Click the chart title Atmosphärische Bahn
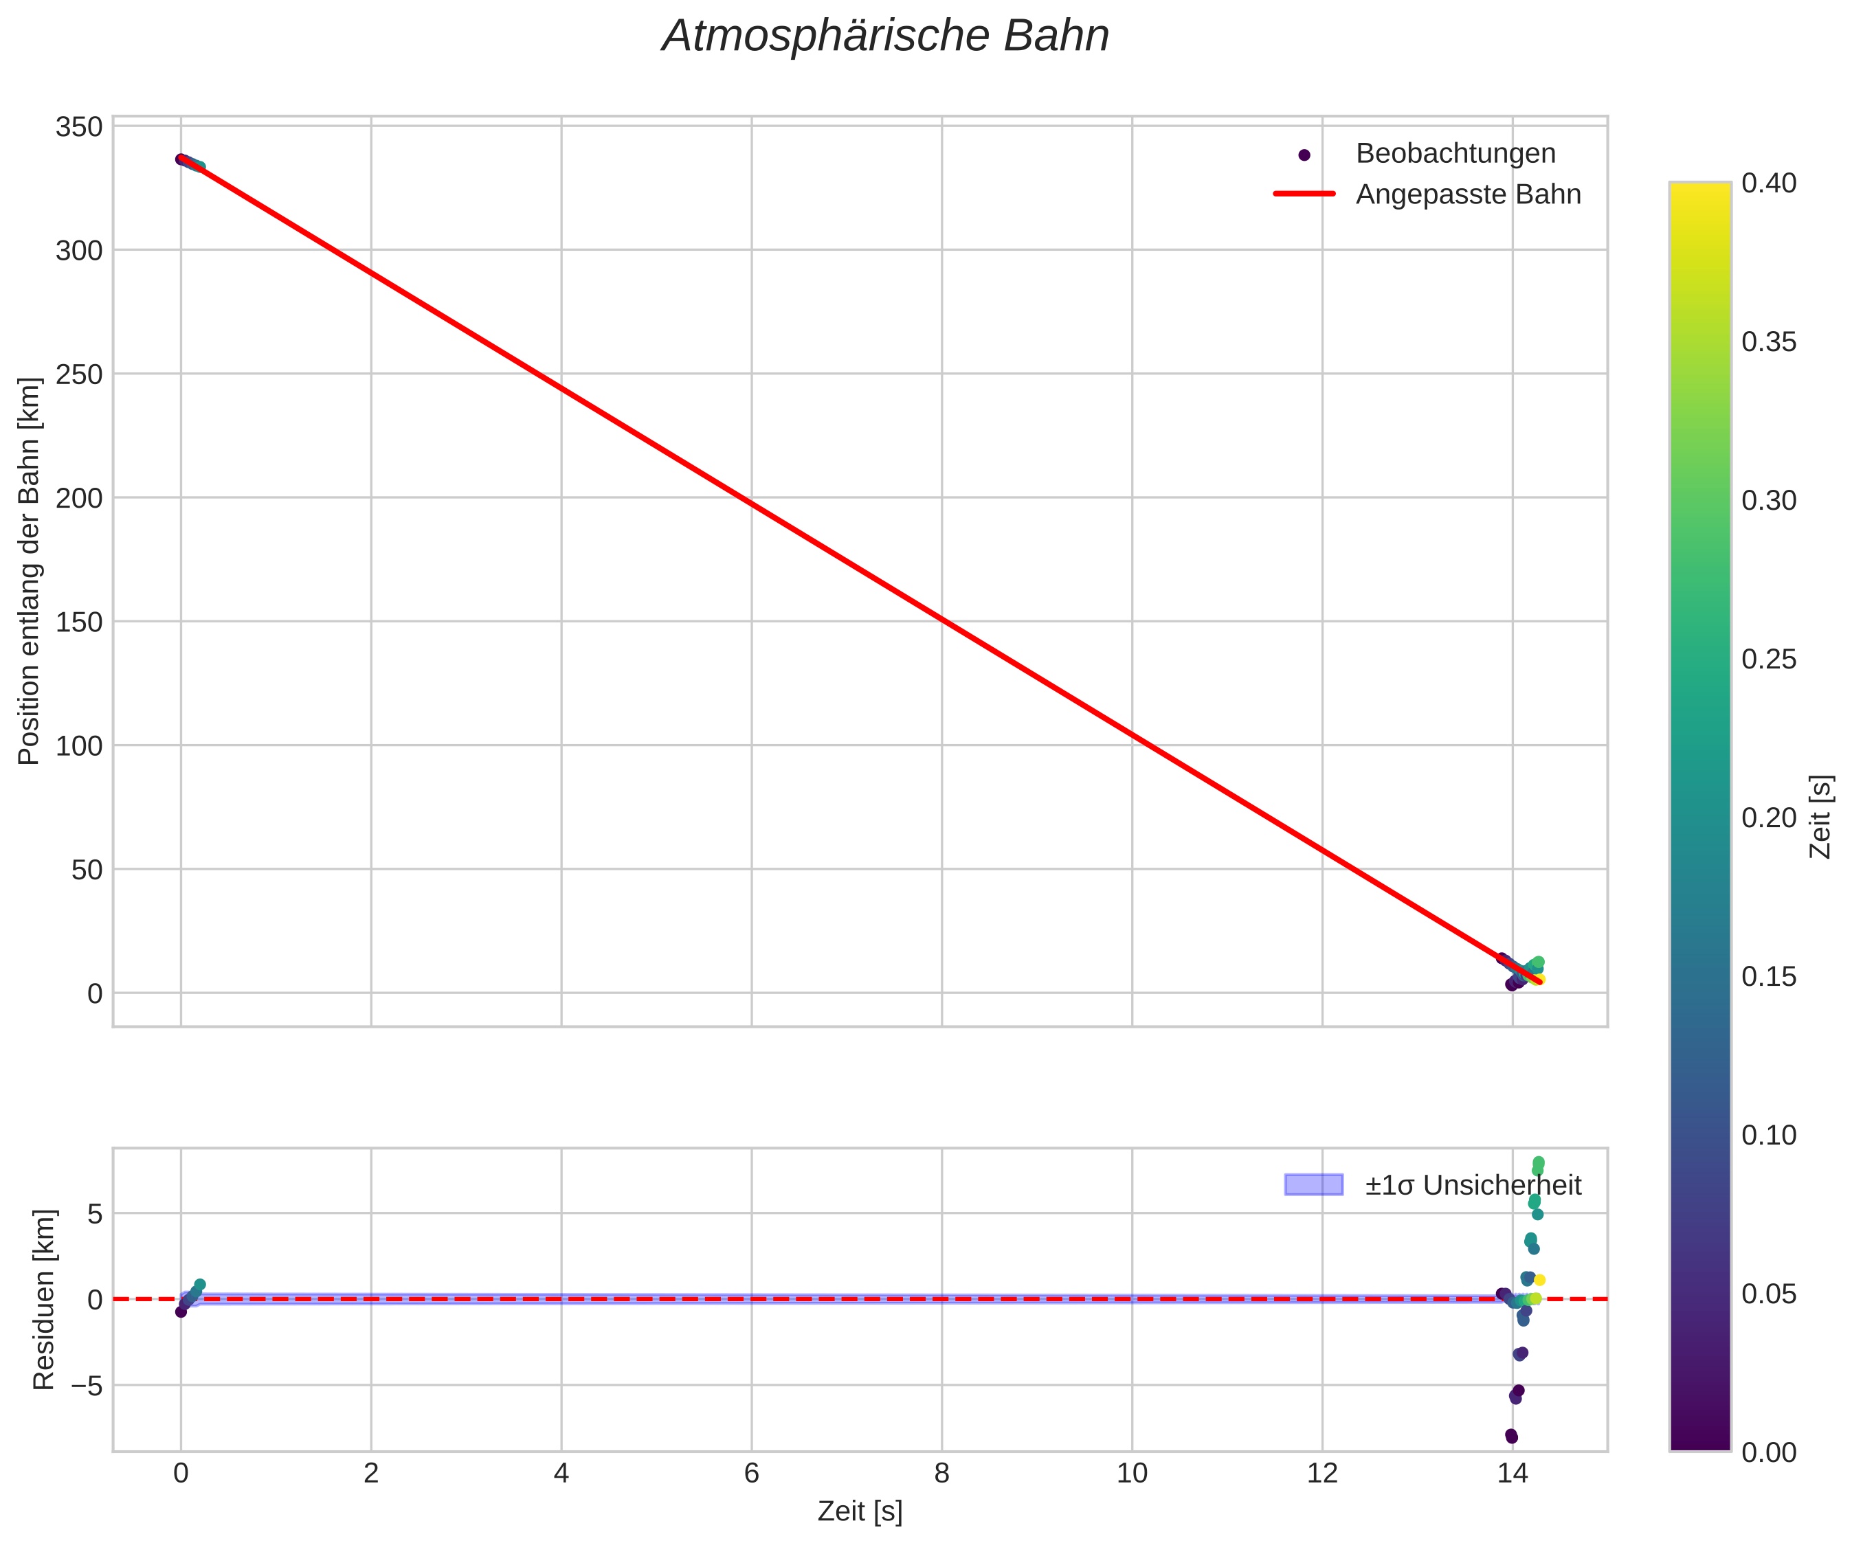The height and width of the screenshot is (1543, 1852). tap(885, 37)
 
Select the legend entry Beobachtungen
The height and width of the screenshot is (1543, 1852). tap(1455, 153)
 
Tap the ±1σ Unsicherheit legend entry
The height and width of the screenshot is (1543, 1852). tap(1473, 1185)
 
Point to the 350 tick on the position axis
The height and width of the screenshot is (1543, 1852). tap(80, 127)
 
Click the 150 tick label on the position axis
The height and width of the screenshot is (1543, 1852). tap(80, 622)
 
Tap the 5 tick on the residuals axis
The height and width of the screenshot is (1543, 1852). tap(93, 1214)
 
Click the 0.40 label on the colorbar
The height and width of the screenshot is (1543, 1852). tap(1768, 183)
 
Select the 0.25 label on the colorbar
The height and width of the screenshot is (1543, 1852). tap(1768, 660)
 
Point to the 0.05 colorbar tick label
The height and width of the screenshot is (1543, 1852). tap(1768, 1294)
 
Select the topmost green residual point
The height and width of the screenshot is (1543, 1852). tap(1539, 1162)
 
